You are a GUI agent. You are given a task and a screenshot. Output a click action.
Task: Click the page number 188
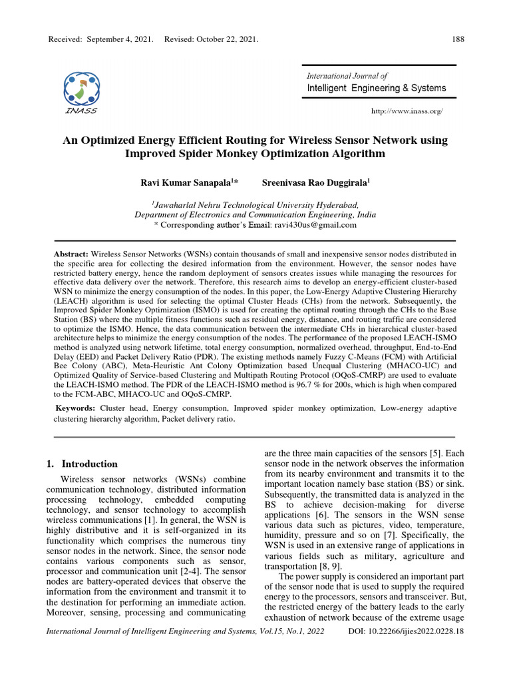458,39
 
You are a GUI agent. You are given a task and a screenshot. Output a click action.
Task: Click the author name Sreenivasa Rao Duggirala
315,181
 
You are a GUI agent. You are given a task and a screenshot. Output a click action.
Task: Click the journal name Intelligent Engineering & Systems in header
377,88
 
